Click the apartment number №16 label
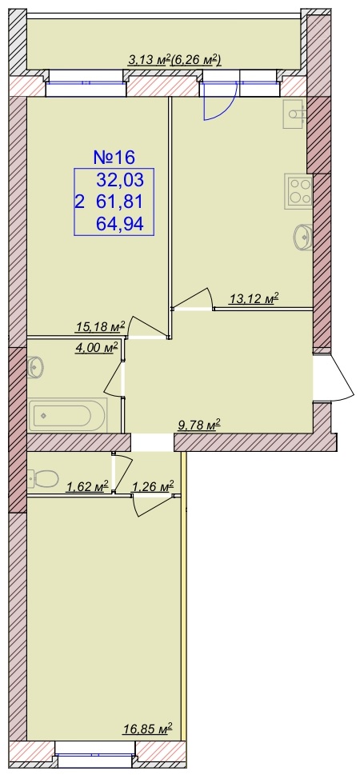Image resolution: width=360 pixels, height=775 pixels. point(114,158)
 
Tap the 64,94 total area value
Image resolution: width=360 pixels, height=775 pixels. point(120,225)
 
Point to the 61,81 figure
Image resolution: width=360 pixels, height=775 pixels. point(120,202)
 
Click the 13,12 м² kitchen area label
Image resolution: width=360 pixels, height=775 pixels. point(254,298)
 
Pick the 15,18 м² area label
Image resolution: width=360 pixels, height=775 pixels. point(100,326)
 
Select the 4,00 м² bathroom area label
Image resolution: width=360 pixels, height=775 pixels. point(97,348)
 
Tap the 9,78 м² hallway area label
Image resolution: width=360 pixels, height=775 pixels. point(198,425)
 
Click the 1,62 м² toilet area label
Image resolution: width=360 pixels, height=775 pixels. point(87,487)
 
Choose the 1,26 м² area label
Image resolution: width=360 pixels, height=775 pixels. point(152,487)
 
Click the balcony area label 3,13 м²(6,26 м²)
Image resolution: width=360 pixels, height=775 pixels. point(174,60)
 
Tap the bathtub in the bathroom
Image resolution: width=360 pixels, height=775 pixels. point(68,414)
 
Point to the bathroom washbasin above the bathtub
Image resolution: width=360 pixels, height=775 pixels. point(36,367)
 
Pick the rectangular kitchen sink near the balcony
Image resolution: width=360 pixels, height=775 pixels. point(294,114)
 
